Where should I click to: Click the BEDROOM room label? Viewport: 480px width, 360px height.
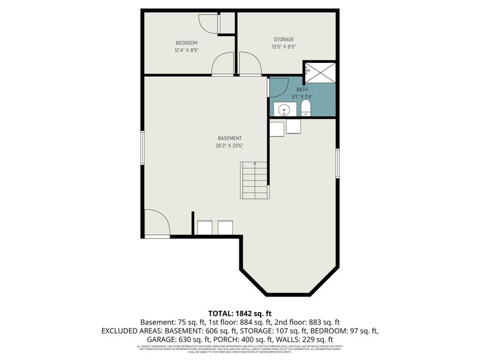[x=187, y=43]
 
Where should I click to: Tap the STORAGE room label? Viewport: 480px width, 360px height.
[x=284, y=39]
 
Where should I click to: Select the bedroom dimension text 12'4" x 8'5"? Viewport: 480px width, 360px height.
[x=187, y=51]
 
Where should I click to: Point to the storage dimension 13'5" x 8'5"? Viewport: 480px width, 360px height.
[x=284, y=47]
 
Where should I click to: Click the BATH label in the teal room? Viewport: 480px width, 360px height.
[x=302, y=90]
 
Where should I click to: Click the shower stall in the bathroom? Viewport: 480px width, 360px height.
[x=320, y=73]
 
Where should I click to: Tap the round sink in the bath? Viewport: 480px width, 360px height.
[x=285, y=110]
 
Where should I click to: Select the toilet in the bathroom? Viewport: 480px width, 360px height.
[x=306, y=110]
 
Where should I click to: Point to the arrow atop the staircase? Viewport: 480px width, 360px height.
[x=255, y=164]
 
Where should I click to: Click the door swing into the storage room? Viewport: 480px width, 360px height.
[x=250, y=63]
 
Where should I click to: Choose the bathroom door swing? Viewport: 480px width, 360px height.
[x=278, y=87]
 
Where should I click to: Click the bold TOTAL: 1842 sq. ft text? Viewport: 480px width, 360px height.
[x=240, y=313]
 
